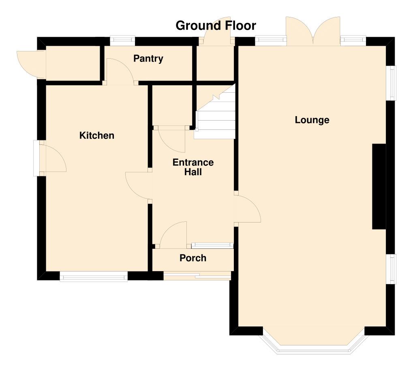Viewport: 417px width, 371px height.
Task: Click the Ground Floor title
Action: (216, 25)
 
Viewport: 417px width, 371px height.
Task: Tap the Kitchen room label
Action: (97, 136)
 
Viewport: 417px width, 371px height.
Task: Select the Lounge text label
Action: (312, 120)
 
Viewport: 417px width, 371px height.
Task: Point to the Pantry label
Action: (148, 59)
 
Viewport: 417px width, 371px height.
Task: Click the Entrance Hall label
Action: (193, 167)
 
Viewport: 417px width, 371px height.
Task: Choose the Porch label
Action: (193, 258)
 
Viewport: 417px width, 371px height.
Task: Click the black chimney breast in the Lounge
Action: (379, 187)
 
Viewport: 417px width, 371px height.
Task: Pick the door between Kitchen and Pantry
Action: (120, 73)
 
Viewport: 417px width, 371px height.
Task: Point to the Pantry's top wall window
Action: (122, 40)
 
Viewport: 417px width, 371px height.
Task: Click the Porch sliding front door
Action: (197, 276)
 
